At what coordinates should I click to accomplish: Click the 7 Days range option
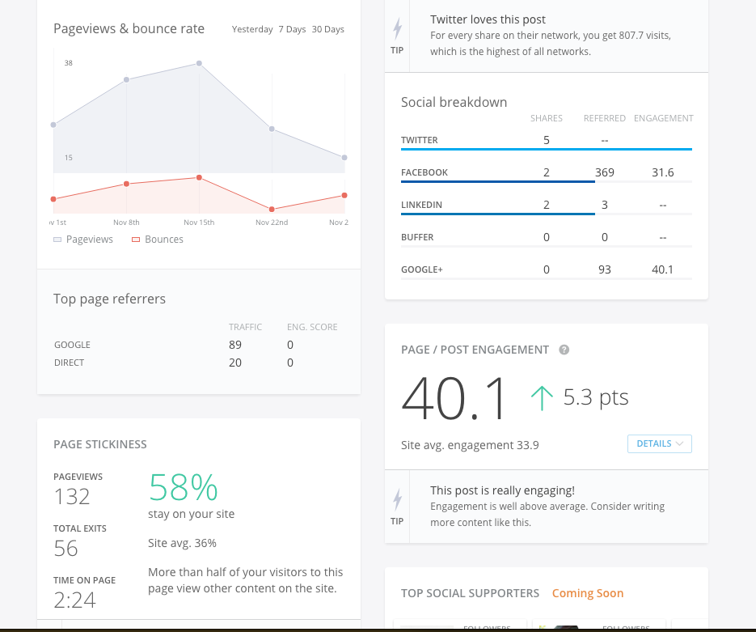[292, 29]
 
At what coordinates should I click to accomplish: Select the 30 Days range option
[327, 29]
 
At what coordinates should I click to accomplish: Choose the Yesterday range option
[252, 29]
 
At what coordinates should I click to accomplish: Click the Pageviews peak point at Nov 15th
[199, 63]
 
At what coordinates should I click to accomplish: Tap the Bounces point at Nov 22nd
[272, 210]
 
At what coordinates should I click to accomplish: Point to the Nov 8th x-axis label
[127, 223]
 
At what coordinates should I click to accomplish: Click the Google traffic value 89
[235, 345]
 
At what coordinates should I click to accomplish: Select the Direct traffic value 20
[235, 363]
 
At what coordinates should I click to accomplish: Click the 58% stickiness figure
[184, 487]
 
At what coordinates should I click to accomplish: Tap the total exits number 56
[66, 549]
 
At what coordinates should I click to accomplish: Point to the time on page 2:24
[75, 600]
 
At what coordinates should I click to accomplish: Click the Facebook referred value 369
[604, 172]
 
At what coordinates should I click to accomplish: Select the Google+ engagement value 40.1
[662, 269]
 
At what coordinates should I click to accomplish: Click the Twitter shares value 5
[547, 140]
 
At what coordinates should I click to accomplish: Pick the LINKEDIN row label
[421, 205]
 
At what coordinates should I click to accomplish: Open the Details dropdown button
[659, 443]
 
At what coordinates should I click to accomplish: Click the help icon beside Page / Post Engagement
[564, 350]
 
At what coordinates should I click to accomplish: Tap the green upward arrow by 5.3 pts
[542, 398]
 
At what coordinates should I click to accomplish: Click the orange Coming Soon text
[588, 593]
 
